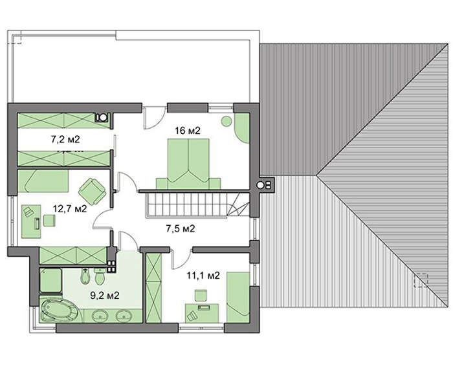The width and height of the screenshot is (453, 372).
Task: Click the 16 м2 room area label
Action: click(x=188, y=131)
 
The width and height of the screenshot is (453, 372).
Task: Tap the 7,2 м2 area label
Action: click(x=65, y=140)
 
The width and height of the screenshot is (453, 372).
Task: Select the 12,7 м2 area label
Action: click(x=70, y=208)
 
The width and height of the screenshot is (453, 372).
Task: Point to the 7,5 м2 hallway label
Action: click(x=181, y=229)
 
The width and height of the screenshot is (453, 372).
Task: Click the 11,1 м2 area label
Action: click(x=203, y=276)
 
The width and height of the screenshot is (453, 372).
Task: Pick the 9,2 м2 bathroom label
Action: click(x=105, y=295)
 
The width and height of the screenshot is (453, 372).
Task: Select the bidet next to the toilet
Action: click(x=85, y=277)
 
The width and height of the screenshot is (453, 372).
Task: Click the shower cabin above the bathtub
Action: click(x=50, y=280)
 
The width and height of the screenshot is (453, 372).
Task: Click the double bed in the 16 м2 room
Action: click(x=188, y=164)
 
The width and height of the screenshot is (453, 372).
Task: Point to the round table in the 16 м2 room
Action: click(x=226, y=121)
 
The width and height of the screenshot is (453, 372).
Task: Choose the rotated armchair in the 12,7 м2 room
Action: click(x=93, y=191)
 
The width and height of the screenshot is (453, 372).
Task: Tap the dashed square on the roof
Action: click(x=421, y=280)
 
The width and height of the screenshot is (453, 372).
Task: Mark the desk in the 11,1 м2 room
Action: click(x=202, y=313)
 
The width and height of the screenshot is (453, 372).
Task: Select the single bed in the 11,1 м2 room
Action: click(x=238, y=297)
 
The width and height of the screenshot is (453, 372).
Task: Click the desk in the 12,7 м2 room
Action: click(x=31, y=221)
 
